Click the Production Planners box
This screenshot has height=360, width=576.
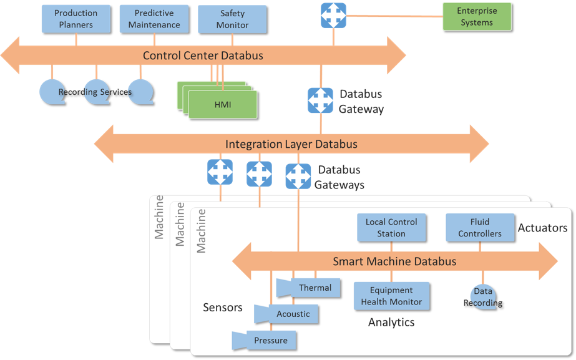coord(76,19)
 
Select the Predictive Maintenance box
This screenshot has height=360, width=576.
coord(154,19)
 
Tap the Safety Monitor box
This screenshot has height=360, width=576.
coord(232,19)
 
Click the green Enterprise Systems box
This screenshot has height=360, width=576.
coord(476,17)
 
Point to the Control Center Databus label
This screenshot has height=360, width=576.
coord(203,56)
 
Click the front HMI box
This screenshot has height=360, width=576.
coord(223,105)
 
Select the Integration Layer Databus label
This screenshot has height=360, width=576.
coord(291,144)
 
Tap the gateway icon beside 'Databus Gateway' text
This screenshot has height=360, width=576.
coord(321,100)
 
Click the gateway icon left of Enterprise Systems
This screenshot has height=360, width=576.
coord(333,16)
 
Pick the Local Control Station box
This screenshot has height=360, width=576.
coord(391,228)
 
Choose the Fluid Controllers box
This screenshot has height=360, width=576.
coord(480,228)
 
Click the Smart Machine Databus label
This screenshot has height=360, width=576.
coord(394,261)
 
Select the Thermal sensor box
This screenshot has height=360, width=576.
coord(315,288)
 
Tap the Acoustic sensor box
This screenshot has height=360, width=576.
coord(293,314)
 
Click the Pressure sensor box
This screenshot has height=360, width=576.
coord(270,341)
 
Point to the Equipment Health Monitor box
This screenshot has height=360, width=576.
coord(391,296)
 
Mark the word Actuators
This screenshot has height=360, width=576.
coord(542,228)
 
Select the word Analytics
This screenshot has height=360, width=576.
coord(391,322)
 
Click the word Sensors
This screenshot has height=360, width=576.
coord(222,307)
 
